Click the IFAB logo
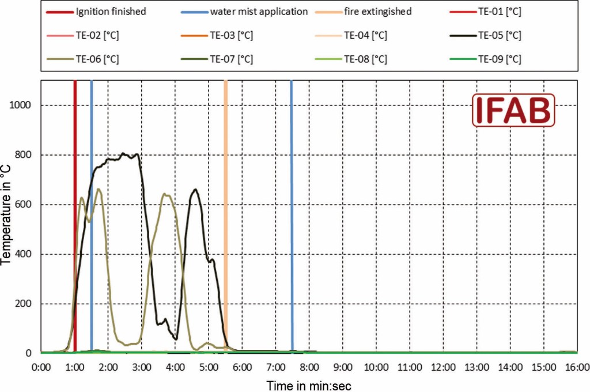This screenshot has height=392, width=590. (513, 110)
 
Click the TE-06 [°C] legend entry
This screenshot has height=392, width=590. (89, 59)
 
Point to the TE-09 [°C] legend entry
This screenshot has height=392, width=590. (500, 59)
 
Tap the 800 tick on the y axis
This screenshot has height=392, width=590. (23, 154)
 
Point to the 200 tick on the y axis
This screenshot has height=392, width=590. (23, 304)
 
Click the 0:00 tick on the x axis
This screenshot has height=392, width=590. (41, 367)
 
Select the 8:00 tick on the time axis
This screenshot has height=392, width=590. (309, 367)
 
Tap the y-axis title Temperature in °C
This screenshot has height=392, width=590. (6, 216)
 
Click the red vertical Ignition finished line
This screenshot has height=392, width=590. (75, 231)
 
